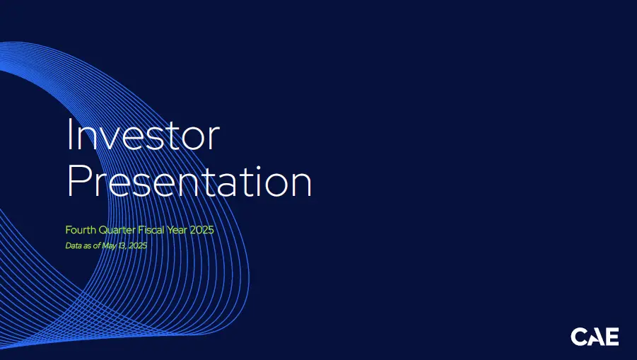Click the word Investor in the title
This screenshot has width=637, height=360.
pos(144,134)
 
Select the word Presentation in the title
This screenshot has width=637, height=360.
pos(189,181)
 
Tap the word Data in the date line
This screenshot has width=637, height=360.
pos(73,245)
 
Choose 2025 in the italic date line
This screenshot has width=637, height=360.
pos(138,245)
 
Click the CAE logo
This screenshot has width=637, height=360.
pos(595,337)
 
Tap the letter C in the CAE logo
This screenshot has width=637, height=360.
pos(578,337)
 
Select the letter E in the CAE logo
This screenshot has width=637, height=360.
pos(612,337)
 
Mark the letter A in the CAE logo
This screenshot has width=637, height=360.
pos(595,337)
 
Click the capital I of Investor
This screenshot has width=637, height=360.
pos(69,134)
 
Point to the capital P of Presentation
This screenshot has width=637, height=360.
pos(78,181)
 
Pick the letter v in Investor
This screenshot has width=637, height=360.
pos(112,139)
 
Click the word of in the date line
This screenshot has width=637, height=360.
pos(96,245)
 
